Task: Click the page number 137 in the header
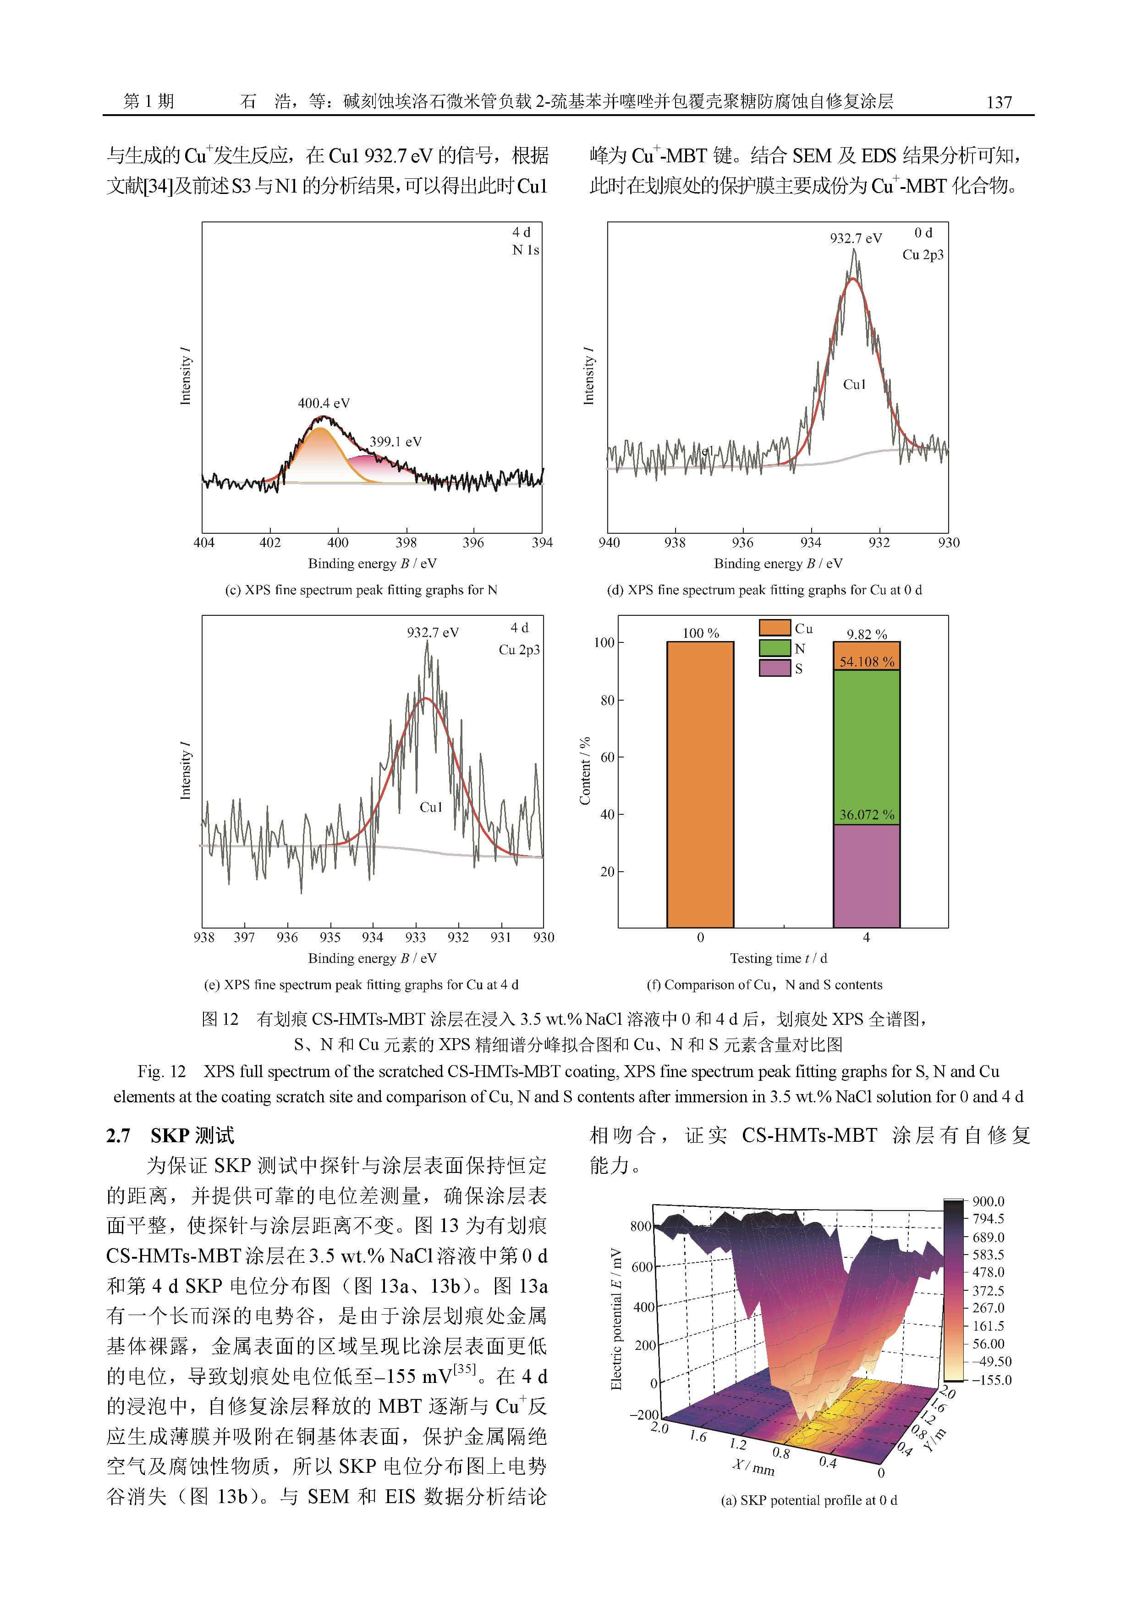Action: pyautogui.click(x=999, y=102)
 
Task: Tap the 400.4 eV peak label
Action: pyautogui.click(x=324, y=403)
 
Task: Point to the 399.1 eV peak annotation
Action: pyautogui.click(x=396, y=442)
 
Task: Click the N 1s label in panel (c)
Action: pyautogui.click(x=525, y=250)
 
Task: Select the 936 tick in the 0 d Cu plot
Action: pyautogui.click(x=742, y=542)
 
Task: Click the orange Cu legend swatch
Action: pyautogui.click(x=775, y=628)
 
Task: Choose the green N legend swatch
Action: pyautogui.click(x=775, y=648)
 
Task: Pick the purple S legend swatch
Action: pyautogui.click(x=775, y=668)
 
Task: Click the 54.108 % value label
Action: pyautogui.click(x=867, y=662)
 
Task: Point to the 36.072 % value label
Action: pyautogui.click(x=867, y=814)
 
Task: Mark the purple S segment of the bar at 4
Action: pyautogui.click(x=867, y=876)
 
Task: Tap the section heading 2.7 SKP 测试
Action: pyautogui.click(x=170, y=1135)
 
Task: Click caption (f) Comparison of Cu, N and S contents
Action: pyautogui.click(x=764, y=984)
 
